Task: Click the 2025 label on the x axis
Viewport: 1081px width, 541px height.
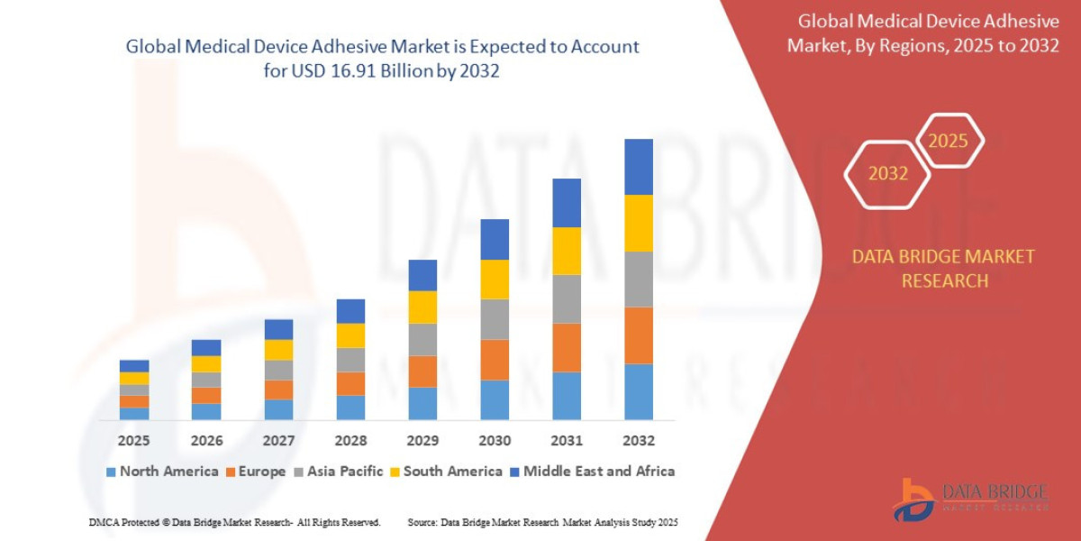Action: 133,441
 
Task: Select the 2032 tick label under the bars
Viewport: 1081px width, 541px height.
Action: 638,441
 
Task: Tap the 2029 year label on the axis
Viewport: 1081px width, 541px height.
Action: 422,441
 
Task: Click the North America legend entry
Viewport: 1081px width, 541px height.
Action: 161,471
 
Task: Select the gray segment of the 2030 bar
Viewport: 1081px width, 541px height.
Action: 495,319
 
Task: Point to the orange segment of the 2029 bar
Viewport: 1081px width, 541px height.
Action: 422,371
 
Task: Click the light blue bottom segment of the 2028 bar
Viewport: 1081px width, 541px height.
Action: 350,408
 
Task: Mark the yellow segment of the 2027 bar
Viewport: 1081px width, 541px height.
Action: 278,350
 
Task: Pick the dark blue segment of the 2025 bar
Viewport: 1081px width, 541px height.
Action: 134,366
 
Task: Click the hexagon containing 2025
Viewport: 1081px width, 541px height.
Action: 948,141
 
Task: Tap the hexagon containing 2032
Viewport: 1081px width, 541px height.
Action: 887,173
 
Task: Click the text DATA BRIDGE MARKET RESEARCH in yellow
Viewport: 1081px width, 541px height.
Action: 943,269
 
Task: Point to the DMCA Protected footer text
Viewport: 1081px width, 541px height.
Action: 234,522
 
